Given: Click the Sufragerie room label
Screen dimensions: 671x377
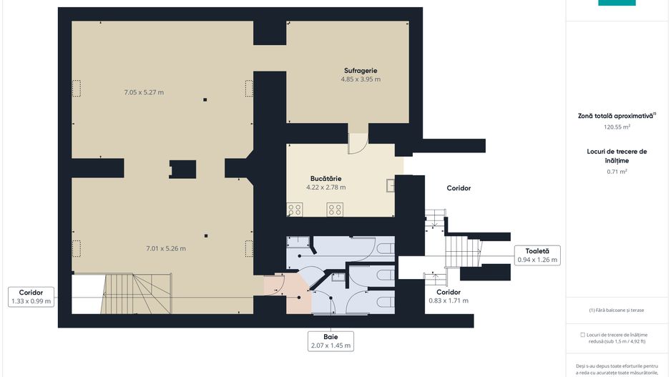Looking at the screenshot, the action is point(361,71).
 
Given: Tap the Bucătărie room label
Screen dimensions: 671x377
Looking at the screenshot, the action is point(325,178).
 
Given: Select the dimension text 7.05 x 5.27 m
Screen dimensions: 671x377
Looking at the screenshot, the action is point(144,92).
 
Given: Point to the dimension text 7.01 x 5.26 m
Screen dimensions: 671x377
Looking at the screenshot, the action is point(166,248).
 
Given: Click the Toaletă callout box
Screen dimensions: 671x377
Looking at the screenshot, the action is point(537,255).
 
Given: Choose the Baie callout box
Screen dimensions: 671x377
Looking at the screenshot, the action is point(330,341).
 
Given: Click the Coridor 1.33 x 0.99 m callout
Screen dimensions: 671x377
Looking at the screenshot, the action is point(31,297).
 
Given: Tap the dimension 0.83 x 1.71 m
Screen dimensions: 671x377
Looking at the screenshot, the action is point(449,301).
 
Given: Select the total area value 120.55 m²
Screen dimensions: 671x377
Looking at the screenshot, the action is point(617,127).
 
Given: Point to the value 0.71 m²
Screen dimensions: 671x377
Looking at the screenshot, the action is point(617,172).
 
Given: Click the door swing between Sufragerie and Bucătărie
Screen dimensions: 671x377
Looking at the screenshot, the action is point(358,143).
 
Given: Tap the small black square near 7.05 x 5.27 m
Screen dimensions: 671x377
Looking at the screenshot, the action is point(205,99).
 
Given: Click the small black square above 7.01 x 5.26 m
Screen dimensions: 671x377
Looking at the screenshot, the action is point(206,236).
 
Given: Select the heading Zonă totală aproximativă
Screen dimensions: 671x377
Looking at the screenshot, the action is point(617,116).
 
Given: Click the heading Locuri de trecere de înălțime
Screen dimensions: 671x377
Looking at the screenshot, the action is point(617,156).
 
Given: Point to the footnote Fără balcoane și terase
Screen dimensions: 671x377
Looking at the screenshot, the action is point(616,310).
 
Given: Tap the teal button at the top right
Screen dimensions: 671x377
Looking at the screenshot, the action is point(617,3).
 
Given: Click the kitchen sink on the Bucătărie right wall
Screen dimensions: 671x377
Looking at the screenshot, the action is point(391,185).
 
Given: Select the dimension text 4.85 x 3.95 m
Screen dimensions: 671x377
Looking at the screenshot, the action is point(361,79).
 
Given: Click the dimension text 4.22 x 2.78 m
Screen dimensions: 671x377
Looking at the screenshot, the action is point(325,187).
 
